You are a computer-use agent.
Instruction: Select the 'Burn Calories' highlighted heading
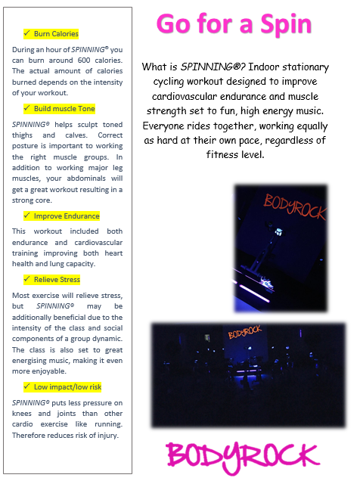point(56,34)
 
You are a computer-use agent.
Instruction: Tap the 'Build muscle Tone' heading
point(64,109)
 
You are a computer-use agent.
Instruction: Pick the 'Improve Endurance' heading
point(67,216)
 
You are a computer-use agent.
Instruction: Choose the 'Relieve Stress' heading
point(57,280)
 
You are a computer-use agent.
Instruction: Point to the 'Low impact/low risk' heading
point(67,387)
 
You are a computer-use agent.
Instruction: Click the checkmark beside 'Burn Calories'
point(27,34)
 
